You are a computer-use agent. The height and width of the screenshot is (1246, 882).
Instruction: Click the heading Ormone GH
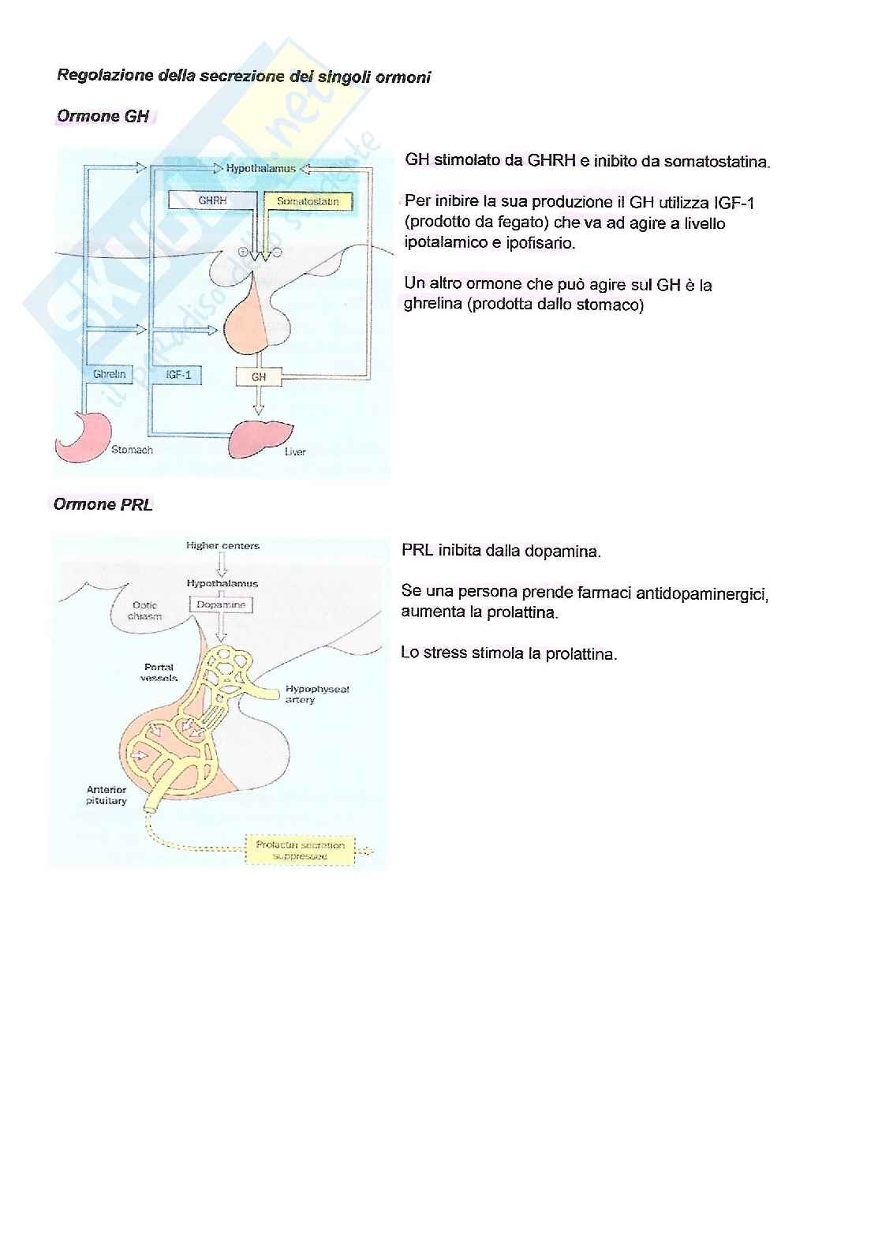point(103,117)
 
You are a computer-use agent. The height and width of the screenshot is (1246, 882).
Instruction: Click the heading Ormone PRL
point(103,505)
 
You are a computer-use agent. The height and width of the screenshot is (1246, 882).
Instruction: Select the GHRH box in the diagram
point(212,201)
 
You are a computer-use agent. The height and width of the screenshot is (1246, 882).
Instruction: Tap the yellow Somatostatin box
point(308,202)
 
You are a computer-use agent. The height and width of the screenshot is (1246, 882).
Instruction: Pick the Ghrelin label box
point(109,374)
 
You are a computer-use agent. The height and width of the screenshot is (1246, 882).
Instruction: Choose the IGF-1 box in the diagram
point(179,375)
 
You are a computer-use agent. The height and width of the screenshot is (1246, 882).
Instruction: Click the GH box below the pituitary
point(259,377)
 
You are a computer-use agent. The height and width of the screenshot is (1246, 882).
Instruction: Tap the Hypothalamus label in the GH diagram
point(260,168)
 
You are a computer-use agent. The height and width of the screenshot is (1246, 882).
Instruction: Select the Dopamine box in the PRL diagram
point(221,604)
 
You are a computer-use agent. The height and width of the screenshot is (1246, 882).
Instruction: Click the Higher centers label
point(222,545)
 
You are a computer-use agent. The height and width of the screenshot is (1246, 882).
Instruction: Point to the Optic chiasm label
point(144,611)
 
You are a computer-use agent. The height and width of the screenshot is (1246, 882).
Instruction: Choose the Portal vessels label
point(159,672)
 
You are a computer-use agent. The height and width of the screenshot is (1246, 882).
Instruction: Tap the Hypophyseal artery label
point(317,694)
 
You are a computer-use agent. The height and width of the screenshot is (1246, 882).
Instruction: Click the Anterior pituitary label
point(107,795)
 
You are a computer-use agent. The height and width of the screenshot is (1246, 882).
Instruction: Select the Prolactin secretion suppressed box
point(300,850)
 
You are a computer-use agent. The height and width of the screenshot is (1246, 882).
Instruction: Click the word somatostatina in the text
point(716,162)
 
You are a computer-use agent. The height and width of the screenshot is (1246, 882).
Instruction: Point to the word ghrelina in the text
point(432,305)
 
